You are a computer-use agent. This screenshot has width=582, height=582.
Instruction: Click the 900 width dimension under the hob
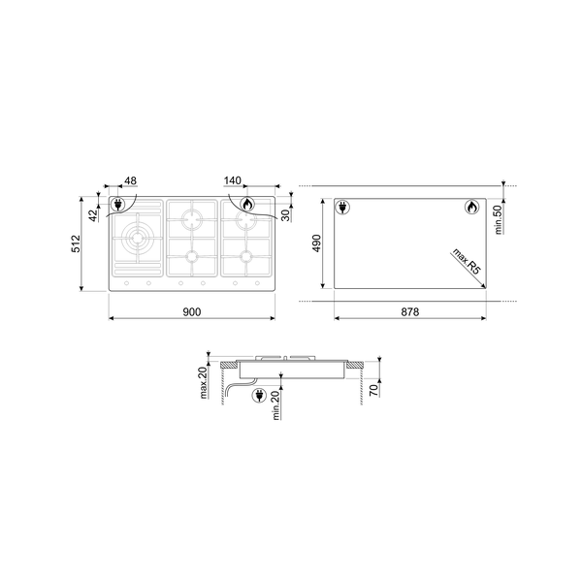[191, 311]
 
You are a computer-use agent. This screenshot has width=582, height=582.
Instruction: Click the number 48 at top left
[130, 181]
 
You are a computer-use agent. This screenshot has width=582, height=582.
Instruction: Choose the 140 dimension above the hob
[233, 181]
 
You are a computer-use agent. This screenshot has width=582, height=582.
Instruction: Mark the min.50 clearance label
[496, 220]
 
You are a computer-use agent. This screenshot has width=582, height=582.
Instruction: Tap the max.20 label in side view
[206, 384]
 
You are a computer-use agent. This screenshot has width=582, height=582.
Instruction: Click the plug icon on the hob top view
[119, 205]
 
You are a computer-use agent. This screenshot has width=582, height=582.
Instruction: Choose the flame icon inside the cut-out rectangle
[469, 207]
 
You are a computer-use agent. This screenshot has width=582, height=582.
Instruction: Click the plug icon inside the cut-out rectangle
[342, 207]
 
